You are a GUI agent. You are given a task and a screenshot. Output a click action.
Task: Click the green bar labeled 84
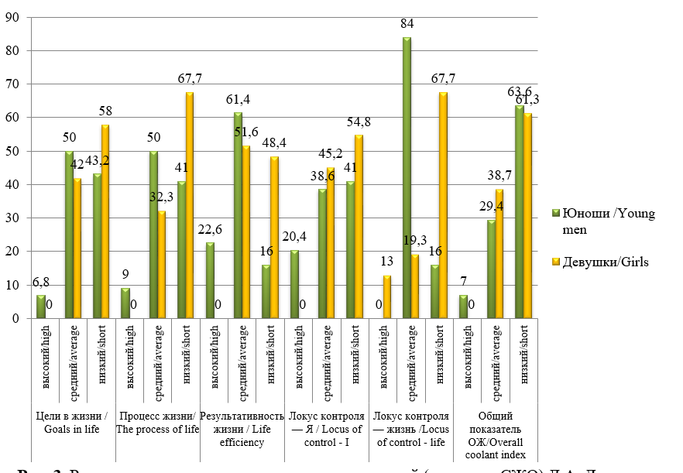tap(407, 178)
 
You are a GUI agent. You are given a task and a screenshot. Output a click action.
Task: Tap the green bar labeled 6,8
tap(41, 307)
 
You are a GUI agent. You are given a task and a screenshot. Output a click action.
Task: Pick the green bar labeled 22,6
tap(210, 280)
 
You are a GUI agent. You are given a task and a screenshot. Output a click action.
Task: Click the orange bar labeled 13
tap(387, 296)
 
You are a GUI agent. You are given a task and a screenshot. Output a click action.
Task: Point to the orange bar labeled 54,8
tap(359, 227)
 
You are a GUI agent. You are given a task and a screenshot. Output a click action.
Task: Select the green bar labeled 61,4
tap(238, 215)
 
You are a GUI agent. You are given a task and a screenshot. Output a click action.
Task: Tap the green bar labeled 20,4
tap(294, 284)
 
